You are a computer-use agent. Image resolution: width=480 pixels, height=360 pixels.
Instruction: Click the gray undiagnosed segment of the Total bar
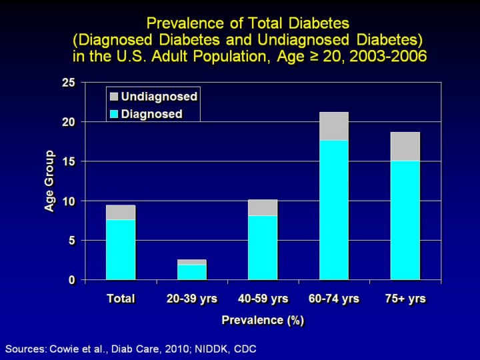(x=121, y=212)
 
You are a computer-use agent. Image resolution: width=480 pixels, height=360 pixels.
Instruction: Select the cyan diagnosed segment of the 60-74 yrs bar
(x=334, y=209)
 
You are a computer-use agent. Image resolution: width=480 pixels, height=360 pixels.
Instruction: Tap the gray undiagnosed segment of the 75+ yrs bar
(x=405, y=147)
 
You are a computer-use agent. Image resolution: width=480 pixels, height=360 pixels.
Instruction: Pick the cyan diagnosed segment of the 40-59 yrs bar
(x=263, y=247)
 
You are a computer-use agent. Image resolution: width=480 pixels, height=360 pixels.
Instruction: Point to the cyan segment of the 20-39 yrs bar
(x=192, y=272)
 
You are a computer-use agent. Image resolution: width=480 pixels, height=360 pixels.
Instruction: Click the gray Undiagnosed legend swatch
(x=113, y=97)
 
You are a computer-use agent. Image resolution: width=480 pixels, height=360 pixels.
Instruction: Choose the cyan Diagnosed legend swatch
(x=113, y=114)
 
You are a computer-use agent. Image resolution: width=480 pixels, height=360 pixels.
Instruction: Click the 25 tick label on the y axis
(x=69, y=83)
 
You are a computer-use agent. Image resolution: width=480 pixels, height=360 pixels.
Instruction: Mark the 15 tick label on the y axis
(x=69, y=161)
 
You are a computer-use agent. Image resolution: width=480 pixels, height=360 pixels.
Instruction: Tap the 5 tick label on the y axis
(x=72, y=240)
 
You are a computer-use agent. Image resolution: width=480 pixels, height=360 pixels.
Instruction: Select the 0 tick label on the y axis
(x=72, y=280)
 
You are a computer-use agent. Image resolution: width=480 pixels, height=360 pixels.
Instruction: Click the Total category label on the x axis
(x=121, y=299)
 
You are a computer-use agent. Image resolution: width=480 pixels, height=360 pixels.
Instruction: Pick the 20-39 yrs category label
(x=192, y=299)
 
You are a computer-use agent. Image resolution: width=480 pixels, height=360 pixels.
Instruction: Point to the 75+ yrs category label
(x=405, y=299)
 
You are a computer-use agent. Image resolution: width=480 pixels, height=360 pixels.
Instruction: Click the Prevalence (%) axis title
(x=263, y=321)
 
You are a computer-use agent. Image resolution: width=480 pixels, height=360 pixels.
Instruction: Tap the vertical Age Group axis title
(x=49, y=181)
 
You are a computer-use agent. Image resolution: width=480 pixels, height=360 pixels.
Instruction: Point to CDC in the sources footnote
(x=243, y=349)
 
